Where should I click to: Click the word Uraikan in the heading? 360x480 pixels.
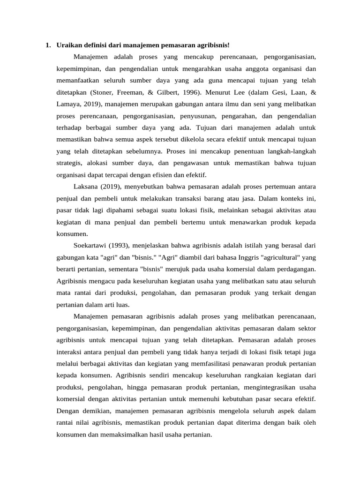(68, 45)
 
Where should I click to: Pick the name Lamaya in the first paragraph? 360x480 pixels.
(69, 104)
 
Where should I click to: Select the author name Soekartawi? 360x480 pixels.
(91, 245)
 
